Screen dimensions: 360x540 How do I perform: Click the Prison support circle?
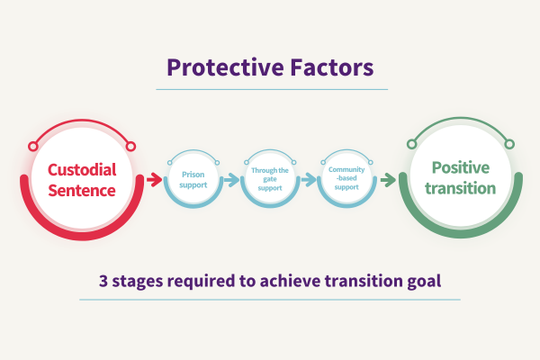click(x=194, y=180)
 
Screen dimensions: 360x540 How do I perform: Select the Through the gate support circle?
click(x=270, y=180)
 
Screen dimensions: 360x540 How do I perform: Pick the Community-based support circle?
click(x=346, y=180)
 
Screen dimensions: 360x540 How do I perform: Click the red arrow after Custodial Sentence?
click(x=153, y=180)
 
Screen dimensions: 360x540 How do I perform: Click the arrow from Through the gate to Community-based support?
click(x=308, y=180)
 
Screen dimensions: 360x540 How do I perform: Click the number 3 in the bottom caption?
click(x=104, y=280)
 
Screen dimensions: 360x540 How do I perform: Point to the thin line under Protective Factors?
click(x=271, y=89)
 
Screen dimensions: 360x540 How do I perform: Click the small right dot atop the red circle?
click(x=130, y=146)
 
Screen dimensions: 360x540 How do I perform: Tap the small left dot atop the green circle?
click(x=412, y=144)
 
